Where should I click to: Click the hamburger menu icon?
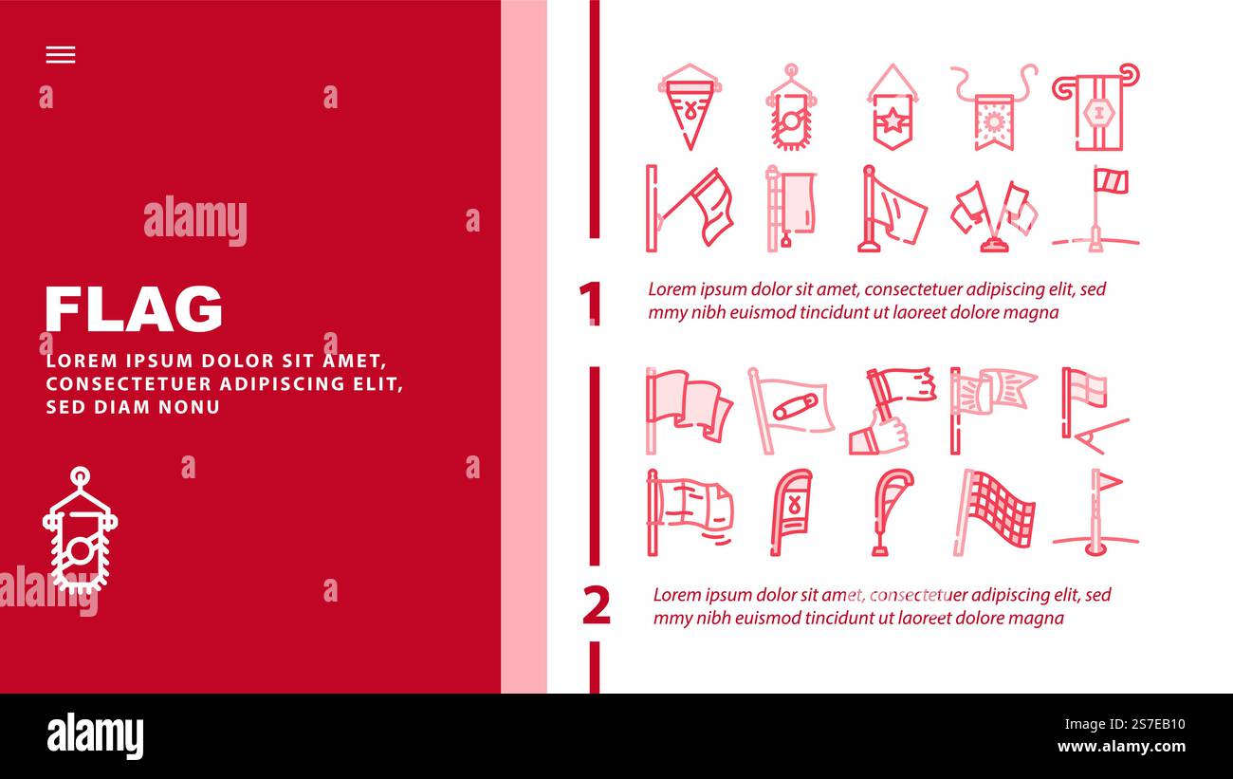coord(60,55)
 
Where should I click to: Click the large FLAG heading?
coord(134,308)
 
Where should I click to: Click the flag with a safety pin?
coord(790,409)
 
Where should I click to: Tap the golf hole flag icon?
coord(1096,512)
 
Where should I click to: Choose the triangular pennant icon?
coord(690,106)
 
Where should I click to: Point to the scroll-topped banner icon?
coord(1095,106)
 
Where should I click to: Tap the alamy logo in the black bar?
coord(95,736)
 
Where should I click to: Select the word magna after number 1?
coord(1034,312)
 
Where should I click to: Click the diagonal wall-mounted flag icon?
coord(690,209)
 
